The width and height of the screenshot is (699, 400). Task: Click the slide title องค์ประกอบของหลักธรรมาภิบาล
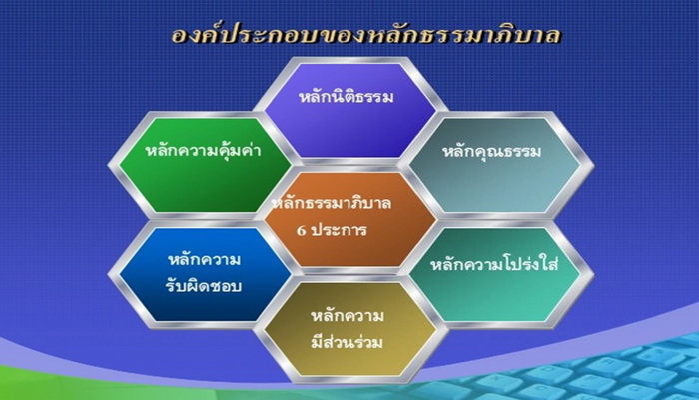(x=366, y=35)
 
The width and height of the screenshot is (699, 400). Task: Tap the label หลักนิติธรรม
(x=346, y=97)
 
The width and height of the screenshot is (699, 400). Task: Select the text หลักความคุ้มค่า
(x=204, y=150)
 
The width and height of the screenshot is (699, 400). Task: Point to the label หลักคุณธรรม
(x=491, y=152)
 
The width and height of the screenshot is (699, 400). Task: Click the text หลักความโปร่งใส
(x=494, y=264)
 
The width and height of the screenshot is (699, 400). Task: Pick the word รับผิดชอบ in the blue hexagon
(x=204, y=286)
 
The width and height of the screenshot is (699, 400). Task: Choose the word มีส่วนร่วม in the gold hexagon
(x=347, y=342)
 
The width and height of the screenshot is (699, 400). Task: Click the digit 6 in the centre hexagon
(x=302, y=230)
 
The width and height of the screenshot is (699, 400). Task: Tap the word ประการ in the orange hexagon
(x=340, y=230)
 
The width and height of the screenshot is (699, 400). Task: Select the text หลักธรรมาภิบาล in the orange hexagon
(x=332, y=203)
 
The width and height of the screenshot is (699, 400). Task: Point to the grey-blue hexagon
(x=495, y=165)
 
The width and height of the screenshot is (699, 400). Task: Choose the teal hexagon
(x=495, y=275)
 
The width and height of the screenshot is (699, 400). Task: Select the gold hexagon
(x=350, y=329)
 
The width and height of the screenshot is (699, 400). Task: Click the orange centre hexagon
(x=350, y=220)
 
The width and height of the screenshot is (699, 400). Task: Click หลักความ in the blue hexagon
(x=204, y=259)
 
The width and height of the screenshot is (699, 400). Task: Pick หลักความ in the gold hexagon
(x=348, y=316)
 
